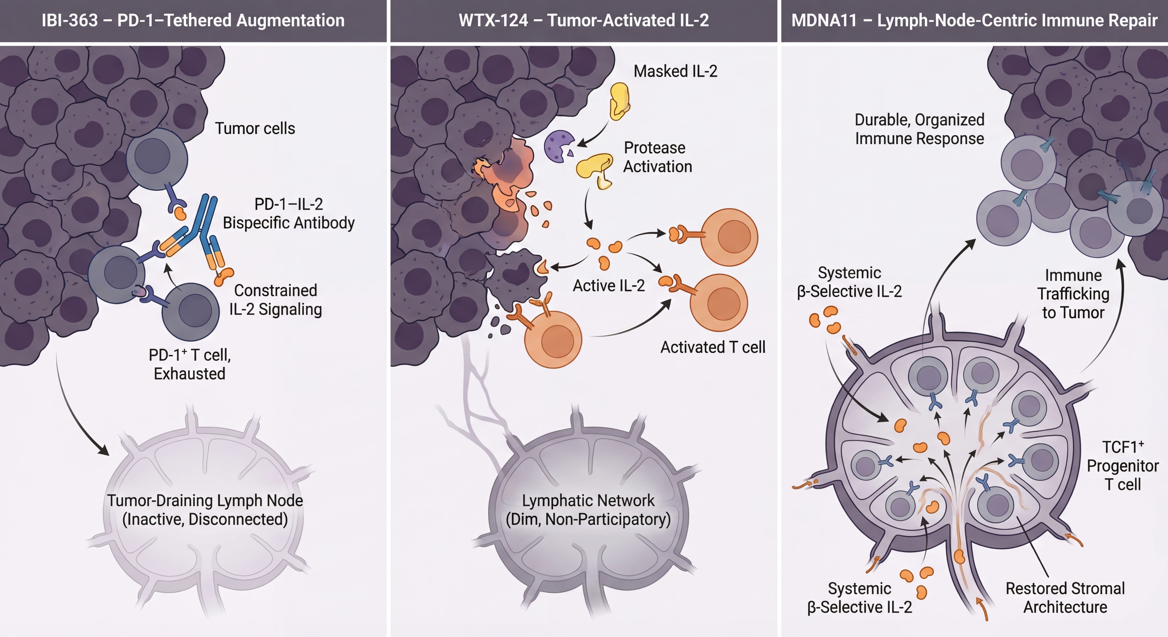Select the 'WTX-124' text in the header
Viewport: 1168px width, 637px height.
click(493, 20)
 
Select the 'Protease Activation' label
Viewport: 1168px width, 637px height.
click(657, 157)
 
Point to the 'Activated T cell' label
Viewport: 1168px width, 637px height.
click(713, 347)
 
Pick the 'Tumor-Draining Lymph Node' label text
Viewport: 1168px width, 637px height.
click(205, 501)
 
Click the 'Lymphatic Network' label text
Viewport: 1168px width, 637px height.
click(588, 501)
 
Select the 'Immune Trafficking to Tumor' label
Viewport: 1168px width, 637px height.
click(1073, 294)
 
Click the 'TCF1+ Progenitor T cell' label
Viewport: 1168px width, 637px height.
click(1123, 466)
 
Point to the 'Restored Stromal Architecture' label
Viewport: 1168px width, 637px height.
click(1065, 598)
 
